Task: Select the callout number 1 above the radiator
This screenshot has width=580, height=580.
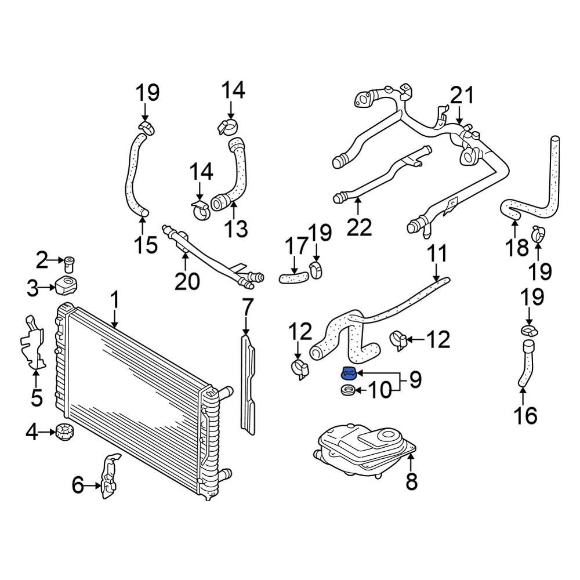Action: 115,300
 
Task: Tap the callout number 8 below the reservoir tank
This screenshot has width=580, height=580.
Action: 411,481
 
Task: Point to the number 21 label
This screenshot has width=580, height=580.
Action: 462,96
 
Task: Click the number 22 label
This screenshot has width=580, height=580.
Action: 358,227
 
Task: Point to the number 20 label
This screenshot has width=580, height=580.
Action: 187,281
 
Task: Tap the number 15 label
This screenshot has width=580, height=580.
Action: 146,245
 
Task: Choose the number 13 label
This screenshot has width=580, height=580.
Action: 235,229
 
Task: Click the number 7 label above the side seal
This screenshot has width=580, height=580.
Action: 248,306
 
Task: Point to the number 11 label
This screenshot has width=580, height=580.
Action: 437,253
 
